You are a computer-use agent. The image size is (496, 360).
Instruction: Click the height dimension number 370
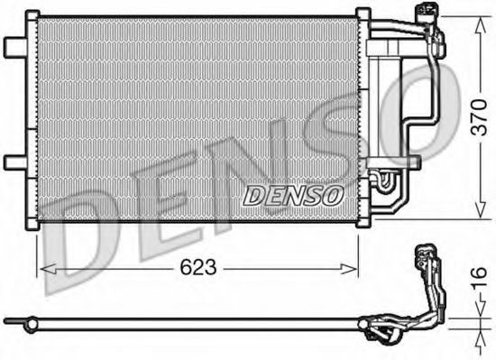pyautogui.click(x=479, y=116)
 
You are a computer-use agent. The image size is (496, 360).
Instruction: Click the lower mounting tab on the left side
pyautogui.click(x=14, y=162)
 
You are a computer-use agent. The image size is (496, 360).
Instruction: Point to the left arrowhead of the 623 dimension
pyautogui.click(x=42, y=267)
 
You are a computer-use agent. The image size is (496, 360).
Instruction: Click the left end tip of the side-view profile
pyautogui.click(x=7, y=319)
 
